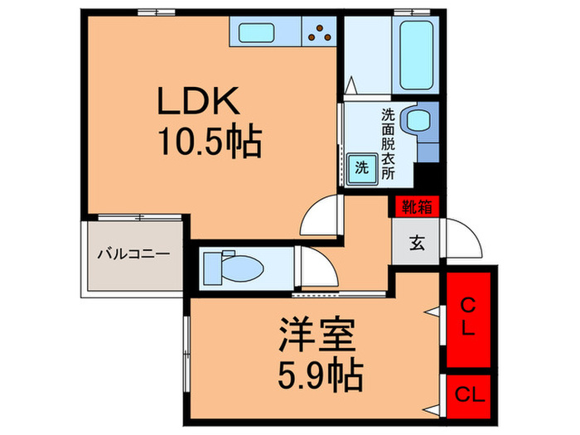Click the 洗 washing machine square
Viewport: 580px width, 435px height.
(x=361, y=166)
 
